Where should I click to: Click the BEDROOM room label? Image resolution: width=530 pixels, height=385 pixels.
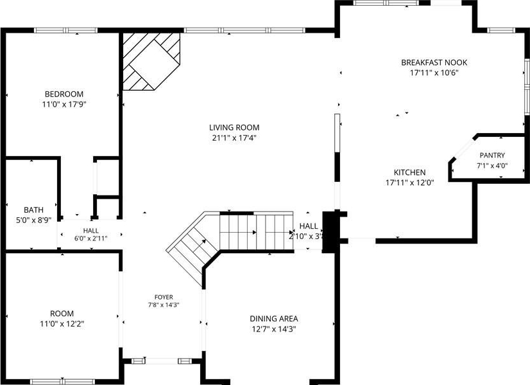click(x=64, y=94)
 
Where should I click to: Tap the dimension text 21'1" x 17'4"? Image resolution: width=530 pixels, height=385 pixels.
click(x=234, y=138)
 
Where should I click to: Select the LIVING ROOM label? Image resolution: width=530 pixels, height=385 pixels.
click(x=234, y=127)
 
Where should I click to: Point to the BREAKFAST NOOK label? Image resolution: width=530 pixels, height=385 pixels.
click(x=434, y=62)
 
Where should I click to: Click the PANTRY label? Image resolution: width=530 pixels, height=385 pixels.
click(x=492, y=155)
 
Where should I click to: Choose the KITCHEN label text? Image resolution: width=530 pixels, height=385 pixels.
click(x=409, y=172)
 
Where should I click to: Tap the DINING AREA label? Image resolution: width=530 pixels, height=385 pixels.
click(x=274, y=319)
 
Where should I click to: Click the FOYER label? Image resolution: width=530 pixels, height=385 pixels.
click(x=164, y=297)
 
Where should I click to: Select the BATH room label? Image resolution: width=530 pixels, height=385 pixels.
click(x=33, y=210)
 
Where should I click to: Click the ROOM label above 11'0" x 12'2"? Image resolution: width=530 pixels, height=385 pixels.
click(x=62, y=314)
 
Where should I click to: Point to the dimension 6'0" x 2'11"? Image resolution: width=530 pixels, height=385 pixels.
click(x=91, y=238)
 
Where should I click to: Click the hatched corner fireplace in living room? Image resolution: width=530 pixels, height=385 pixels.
click(x=151, y=61)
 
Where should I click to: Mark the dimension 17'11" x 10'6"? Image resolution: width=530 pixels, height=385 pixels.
click(x=434, y=73)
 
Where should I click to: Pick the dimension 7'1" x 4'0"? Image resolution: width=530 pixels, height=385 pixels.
click(x=492, y=166)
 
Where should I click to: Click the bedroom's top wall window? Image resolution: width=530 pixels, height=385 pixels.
click(x=66, y=30)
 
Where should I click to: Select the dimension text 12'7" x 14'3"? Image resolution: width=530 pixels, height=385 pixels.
click(x=274, y=329)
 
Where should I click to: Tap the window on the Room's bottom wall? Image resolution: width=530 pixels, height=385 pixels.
click(x=62, y=382)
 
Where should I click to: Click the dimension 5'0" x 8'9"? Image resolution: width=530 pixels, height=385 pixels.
click(x=33, y=220)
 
